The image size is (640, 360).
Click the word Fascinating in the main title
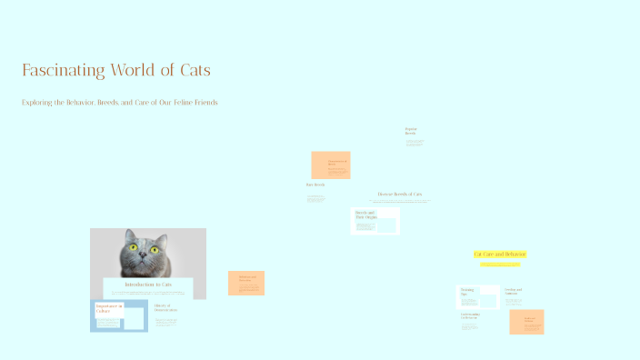[63, 70]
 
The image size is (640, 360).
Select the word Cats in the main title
[192, 70]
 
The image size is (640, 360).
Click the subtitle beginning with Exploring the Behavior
[119, 103]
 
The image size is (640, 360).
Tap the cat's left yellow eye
[132, 248]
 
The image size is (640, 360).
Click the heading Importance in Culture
[109, 308]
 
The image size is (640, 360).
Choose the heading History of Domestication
[165, 307]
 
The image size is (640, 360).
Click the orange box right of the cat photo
[246, 282]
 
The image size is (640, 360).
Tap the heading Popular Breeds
[411, 131]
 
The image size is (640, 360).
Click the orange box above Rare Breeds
[331, 165]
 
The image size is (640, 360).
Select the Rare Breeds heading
[315, 185]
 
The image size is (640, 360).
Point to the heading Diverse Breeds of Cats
[400, 194]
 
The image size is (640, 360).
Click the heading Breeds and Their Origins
[365, 215]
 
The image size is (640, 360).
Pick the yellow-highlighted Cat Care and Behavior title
[500, 254]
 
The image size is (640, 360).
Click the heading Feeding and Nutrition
[514, 291]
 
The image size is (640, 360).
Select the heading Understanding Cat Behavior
[469, 316]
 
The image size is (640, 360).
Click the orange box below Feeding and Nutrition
[526, 322]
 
